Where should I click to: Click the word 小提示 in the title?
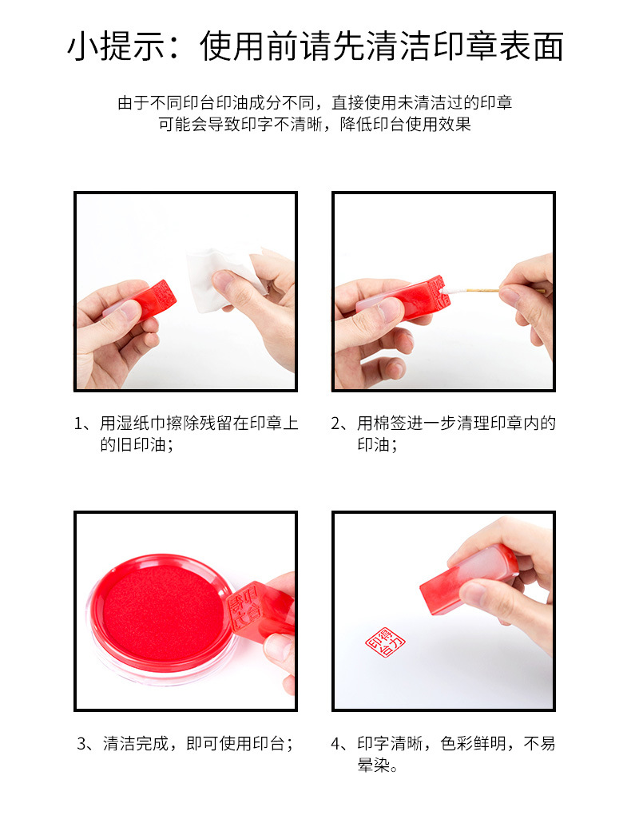click(x=116, y=46)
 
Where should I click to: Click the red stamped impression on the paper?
click(x=385, y=642)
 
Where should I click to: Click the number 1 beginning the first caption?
click(x=79, y=423)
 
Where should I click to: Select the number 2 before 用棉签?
click(x=336, y=423)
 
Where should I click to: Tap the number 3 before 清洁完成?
click(x=82, y=744)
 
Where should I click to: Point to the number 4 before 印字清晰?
click(x=336, y=744)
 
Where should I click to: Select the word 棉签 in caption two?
click(x=390, y=423)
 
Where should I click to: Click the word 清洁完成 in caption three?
click(x=136, y=744)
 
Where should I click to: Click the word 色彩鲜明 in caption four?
click(x=473, y=744)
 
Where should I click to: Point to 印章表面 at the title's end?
click(x=498, y=46)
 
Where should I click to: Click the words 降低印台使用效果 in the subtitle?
click(x=405, y=124)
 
